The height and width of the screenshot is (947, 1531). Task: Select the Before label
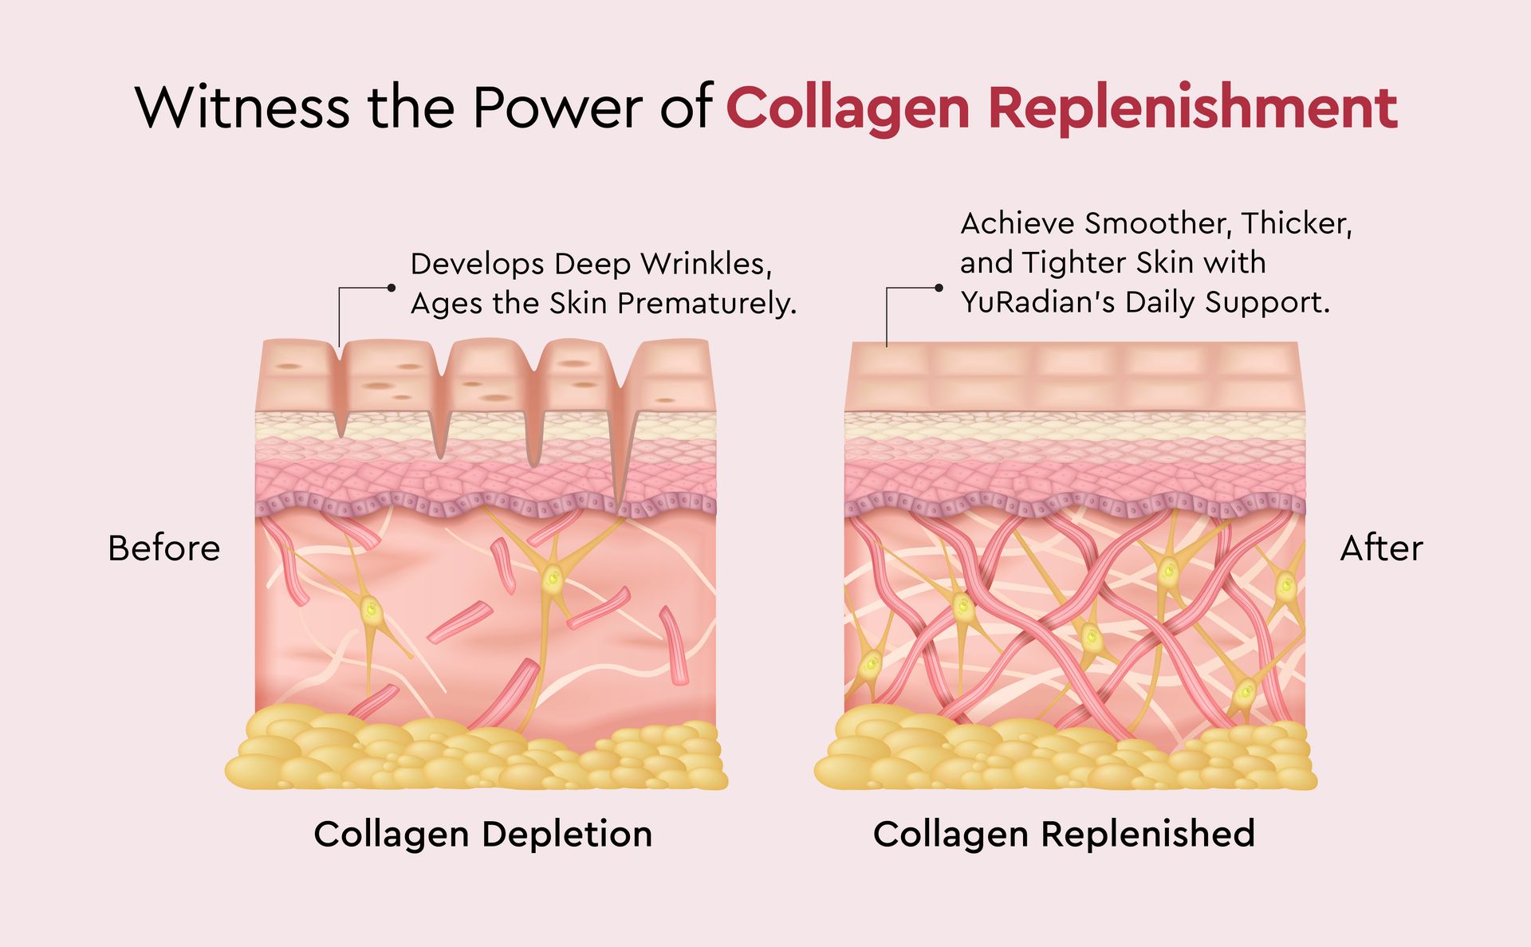(163, 548)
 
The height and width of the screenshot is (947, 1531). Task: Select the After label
(1381, 548)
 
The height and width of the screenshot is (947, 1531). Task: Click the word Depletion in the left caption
(567, 835)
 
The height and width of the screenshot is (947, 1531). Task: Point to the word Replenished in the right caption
(1148, 835)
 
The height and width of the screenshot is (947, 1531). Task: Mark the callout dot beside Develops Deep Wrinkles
(392, 288)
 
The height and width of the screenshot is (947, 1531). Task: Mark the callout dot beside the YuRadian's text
(939, 288)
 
